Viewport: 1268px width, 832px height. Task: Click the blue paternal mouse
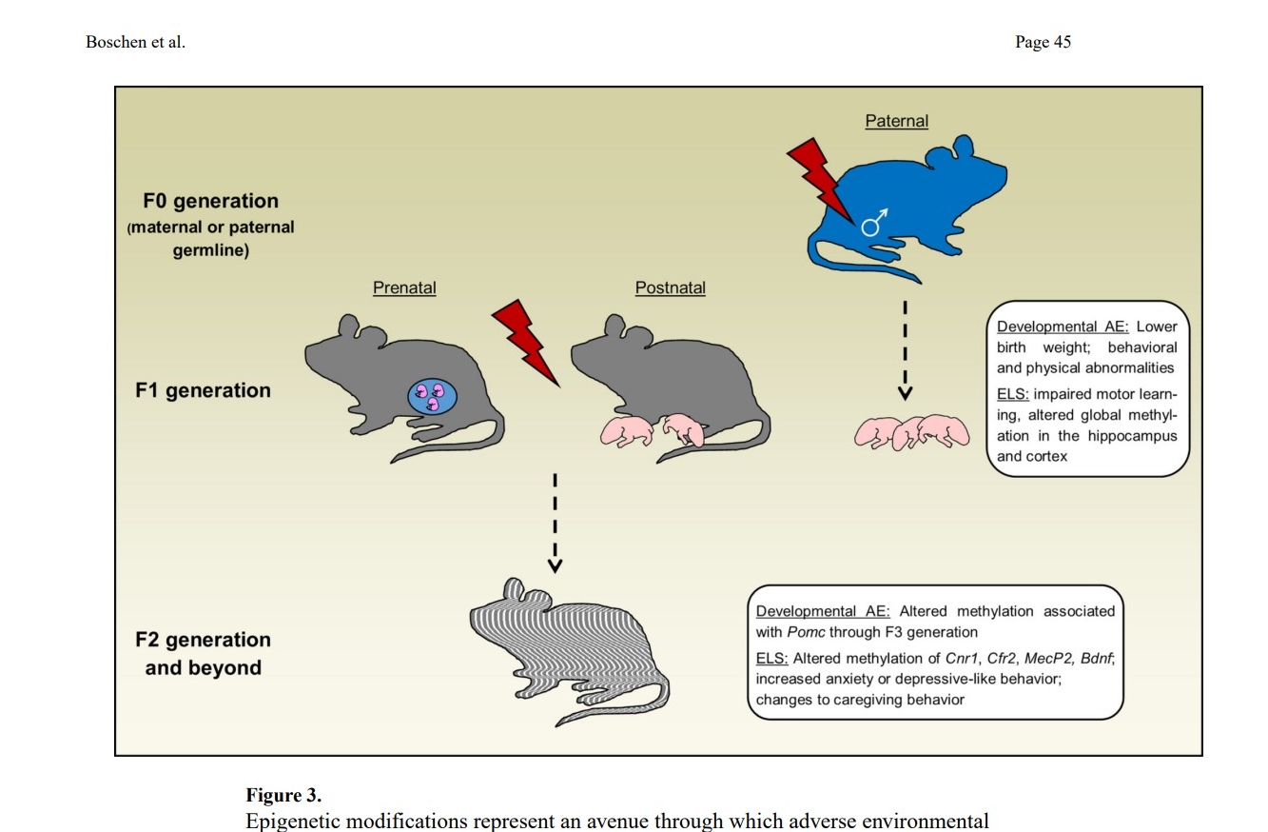click(x=913, y=205)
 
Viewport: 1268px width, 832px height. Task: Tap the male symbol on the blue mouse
click(x=873, y=223)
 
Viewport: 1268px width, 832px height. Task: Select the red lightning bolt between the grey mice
click(x=524, y=341)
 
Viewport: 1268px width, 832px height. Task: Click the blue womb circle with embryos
click(x=432, y=396)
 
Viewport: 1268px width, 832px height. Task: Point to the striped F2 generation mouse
click(x=571, y=647)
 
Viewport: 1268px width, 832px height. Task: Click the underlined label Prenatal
click(x=404, y=287)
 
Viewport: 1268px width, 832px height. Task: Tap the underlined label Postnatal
click(x=671, y=287)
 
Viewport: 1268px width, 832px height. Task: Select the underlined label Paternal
click(x=896, y=121)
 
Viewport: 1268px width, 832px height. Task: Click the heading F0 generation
click(x=210, y=201)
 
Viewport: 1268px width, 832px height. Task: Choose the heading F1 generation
click(x=203, y=390)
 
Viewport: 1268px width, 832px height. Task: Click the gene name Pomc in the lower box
click(x=805, y=632)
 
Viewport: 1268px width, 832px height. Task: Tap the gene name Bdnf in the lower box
click(x=1096, y=658)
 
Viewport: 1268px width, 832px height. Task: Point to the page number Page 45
click(x=1043, y=42)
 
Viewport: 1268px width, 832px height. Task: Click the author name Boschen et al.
click(x=135, y=42)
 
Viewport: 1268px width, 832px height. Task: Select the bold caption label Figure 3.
click(x=283, y=796)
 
